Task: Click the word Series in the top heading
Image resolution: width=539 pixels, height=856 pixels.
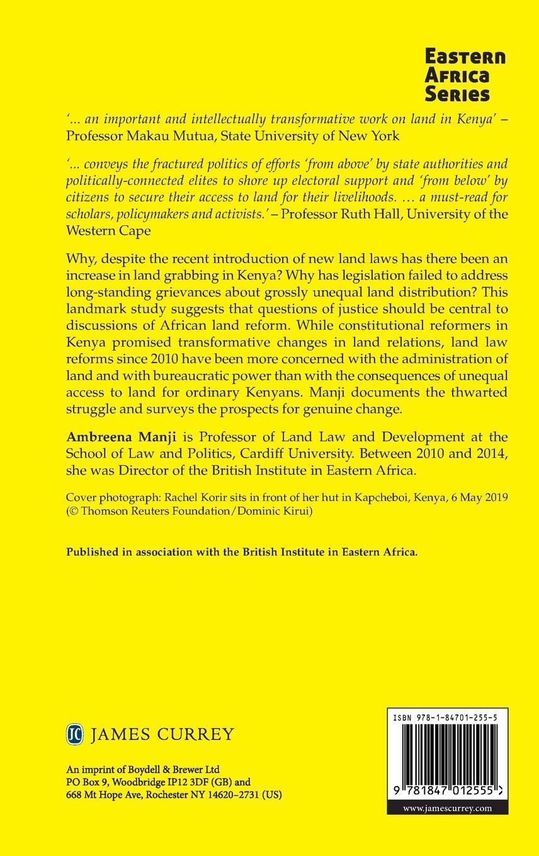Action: coord(457,93)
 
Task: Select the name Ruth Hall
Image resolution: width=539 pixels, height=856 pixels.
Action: coord(364,214)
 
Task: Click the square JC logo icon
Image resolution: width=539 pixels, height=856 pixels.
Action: coord(75,734)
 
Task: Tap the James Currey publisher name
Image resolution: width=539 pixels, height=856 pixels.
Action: coord(162,735)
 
